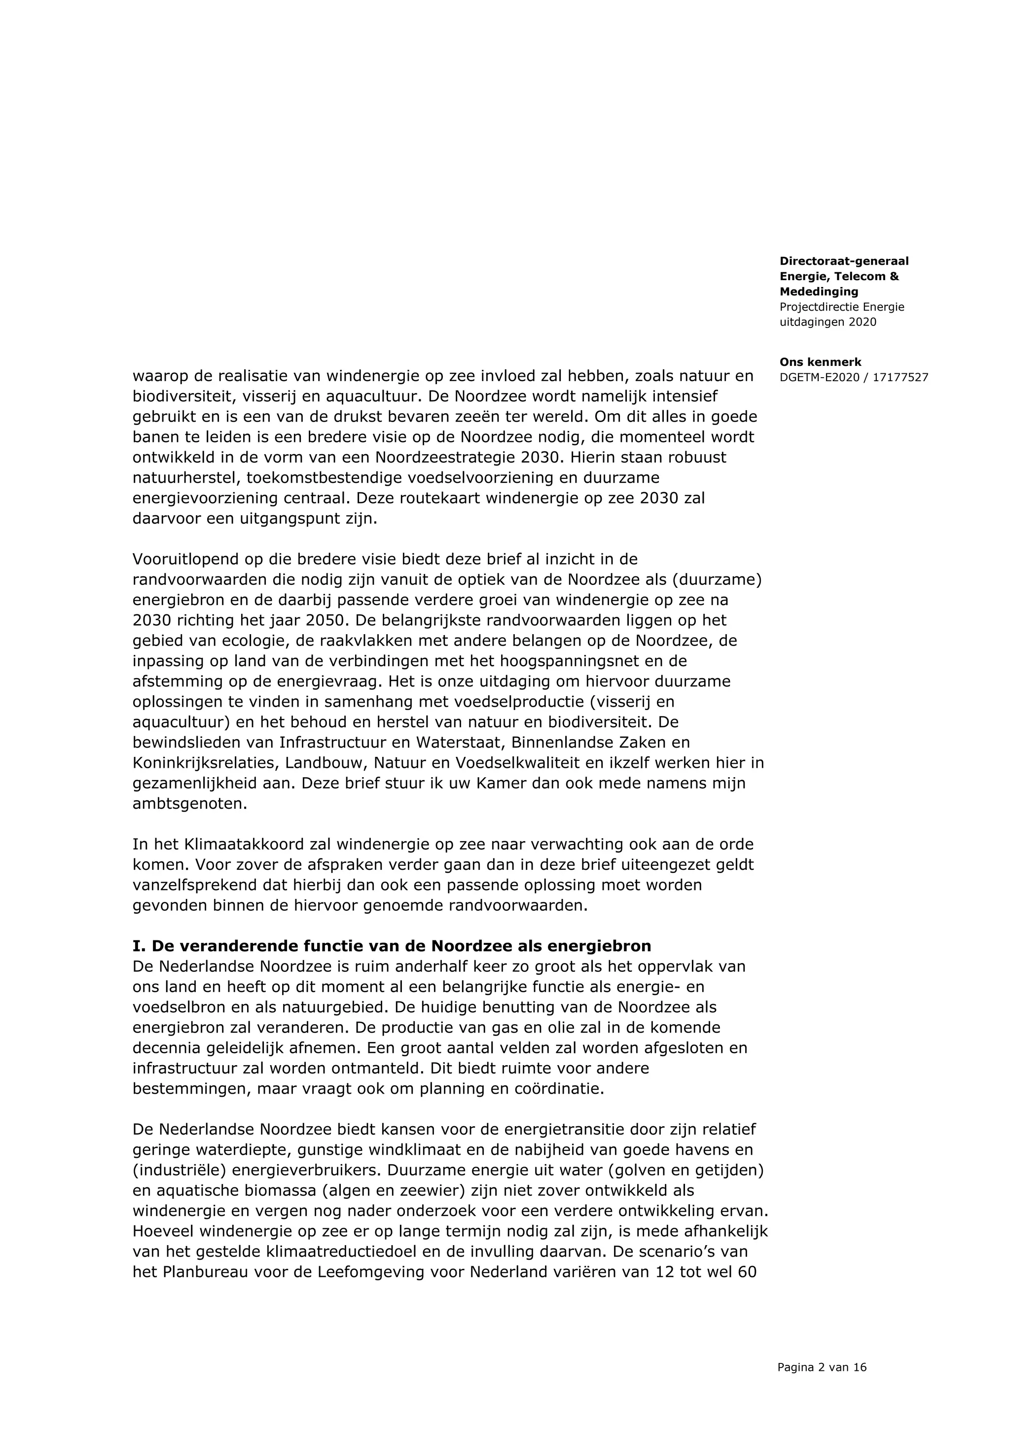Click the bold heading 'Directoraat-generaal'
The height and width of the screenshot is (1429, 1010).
844,261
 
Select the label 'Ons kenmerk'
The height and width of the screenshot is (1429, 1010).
820,362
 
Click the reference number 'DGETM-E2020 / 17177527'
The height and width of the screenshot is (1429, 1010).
854,378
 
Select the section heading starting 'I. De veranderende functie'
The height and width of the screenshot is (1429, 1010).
392,947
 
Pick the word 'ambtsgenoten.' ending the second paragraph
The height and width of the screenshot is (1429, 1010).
190,804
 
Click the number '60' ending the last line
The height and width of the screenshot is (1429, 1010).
746,1272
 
